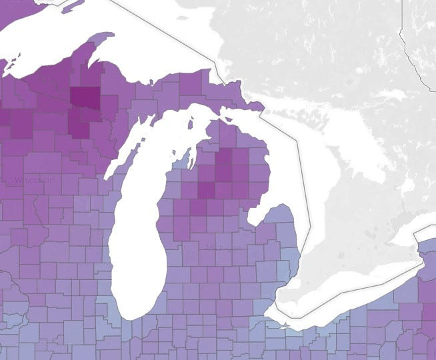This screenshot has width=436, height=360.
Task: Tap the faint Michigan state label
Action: (x=223, y=247)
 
